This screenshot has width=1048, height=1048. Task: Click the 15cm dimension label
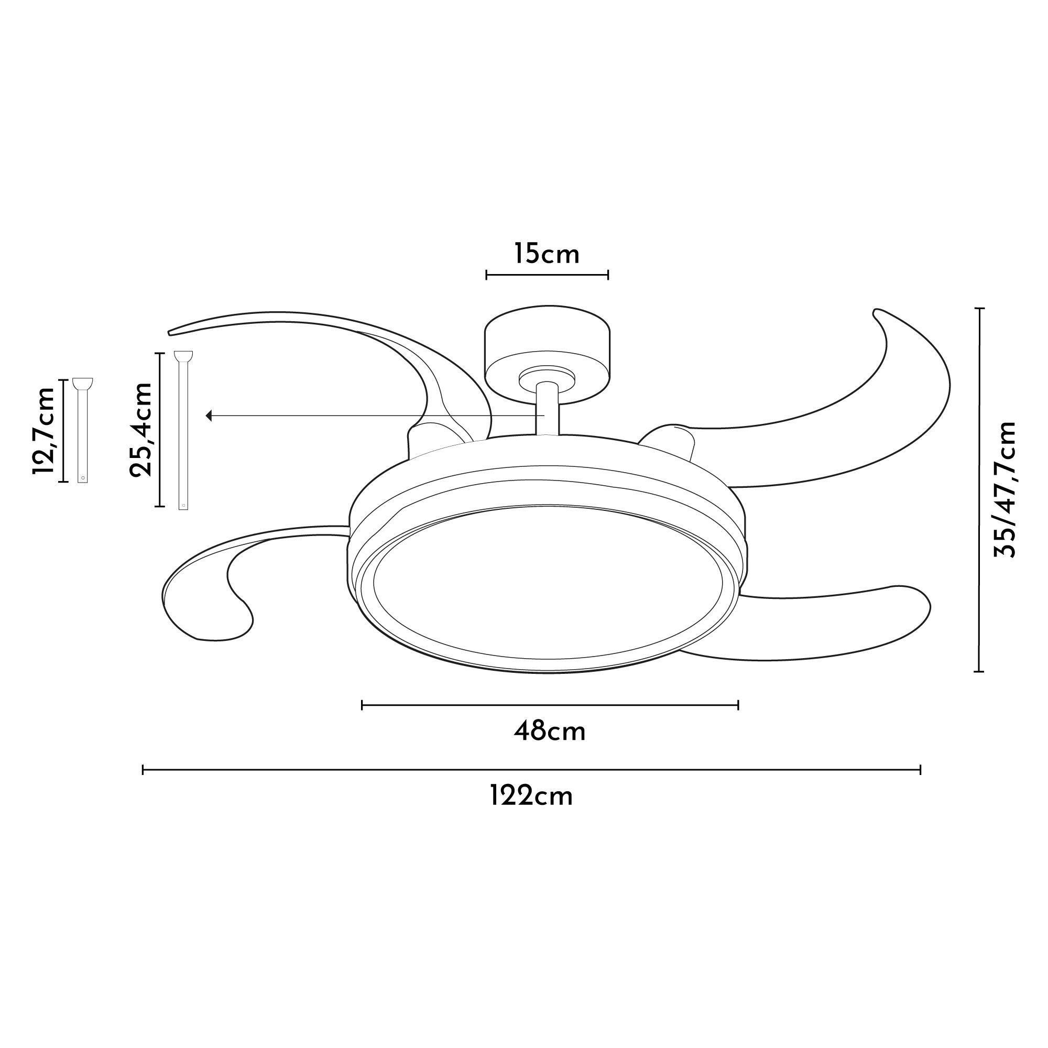pyautogui.click(x=547, y=254)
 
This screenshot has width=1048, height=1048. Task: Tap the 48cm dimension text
pyautogui.click(x=550, y=732)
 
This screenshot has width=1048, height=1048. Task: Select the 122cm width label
pyautogui.click(x=531, y=797)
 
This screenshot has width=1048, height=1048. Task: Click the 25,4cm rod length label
pyautogui.click(x=141, y=429)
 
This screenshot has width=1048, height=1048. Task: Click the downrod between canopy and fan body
pyautogui.click(x=547, y=410)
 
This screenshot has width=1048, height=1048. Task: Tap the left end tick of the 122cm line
pyautogui.click(x=143, y=770)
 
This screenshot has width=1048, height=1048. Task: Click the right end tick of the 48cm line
pyautogui.click(x=738, y=705)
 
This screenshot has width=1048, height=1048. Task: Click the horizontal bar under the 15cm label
pyautogui.click(x=547, y=275)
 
